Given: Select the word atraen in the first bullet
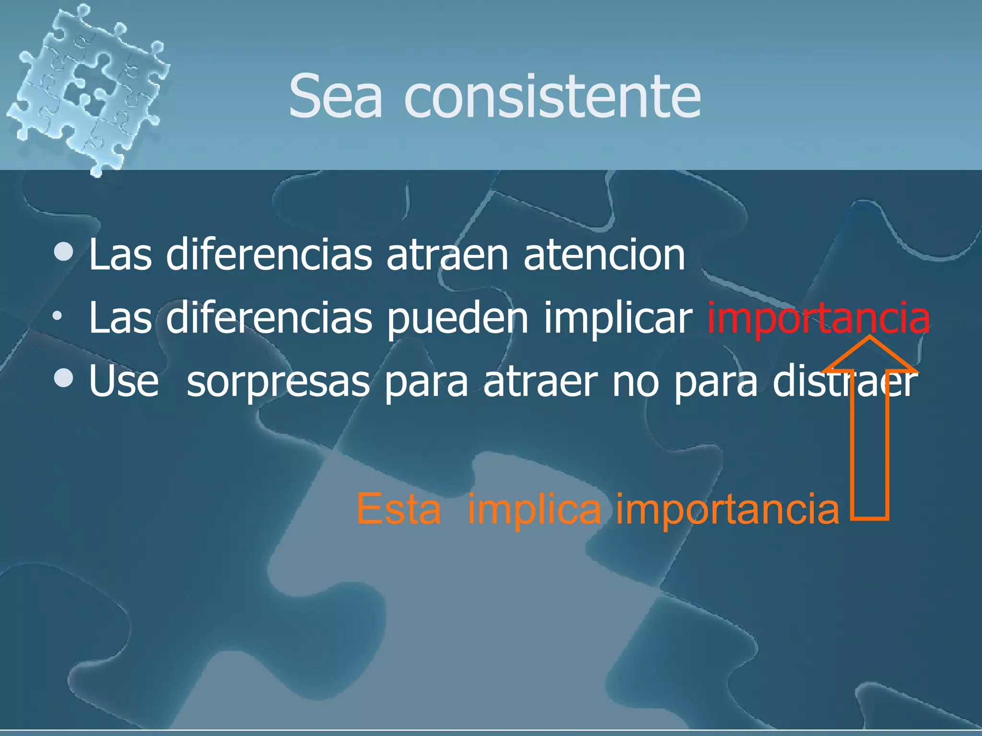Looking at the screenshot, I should [447, 255].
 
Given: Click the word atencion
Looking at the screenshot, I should [604, 255].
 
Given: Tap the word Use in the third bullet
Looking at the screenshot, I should [124, 382].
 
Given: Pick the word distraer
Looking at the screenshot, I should [844, 382].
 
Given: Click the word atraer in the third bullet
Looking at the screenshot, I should [540, 382].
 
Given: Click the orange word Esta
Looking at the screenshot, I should [398, 509].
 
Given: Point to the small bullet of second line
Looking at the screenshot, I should [58, 316].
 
